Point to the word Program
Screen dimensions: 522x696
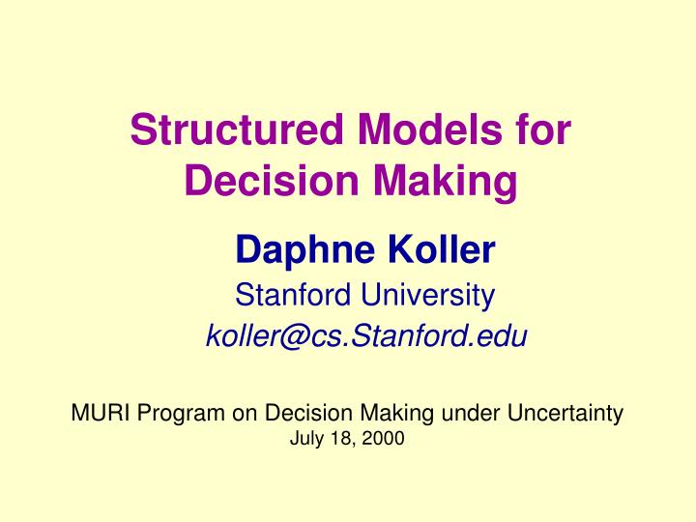[x=178, y=414]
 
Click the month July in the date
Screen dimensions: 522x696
[x=304, y=439]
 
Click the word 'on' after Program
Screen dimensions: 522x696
[x=238, y=414]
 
